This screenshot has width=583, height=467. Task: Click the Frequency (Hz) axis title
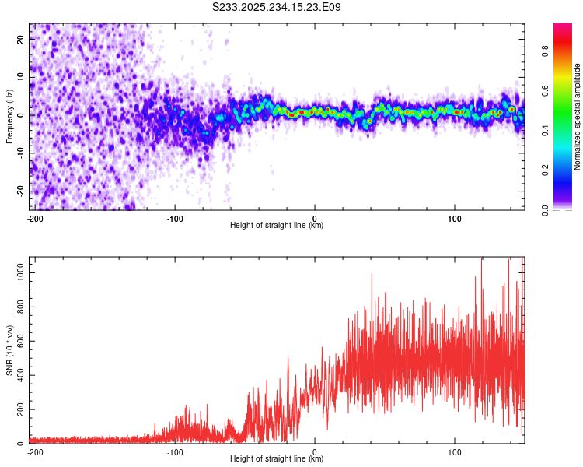(9, 116)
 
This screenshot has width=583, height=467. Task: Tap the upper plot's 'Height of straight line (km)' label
(277, 226)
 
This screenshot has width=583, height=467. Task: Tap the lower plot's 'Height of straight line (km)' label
(277, 459)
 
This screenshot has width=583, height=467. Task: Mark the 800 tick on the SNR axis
(18, 307)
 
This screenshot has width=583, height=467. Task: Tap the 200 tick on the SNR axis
(18, 409)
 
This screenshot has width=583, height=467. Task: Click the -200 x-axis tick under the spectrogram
(34, 218)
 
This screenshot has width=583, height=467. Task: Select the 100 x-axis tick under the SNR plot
(455, 451)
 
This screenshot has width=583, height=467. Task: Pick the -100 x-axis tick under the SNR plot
(175, 451)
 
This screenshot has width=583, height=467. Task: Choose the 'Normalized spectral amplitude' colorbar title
(578, 117)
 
